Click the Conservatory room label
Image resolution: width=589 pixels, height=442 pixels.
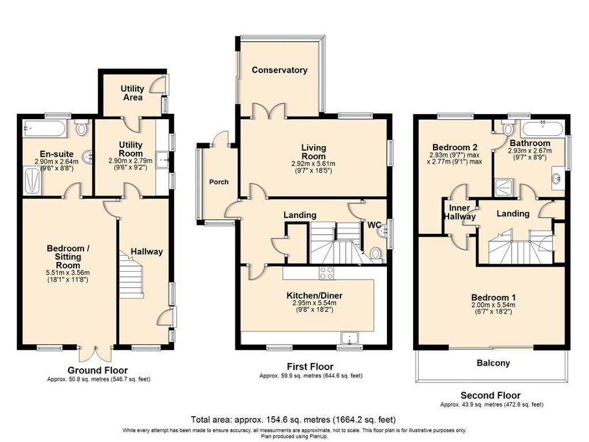pyautogui.click(x=280, y=70)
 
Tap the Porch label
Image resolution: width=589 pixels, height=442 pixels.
pyautogui.click(x=218, y=182)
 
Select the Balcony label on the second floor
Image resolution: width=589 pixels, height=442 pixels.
pyautogui.click(x=494, y=363)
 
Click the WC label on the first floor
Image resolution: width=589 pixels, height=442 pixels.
pyautogui.click(x=375, y=225)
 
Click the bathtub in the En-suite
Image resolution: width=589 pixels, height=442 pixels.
pyautogui.click(x=43, y=128)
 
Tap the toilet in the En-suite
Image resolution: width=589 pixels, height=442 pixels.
pyautogui.click(x=81, y=129)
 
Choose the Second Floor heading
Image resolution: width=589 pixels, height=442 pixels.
pyautogui.click(x=490, y=395)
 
